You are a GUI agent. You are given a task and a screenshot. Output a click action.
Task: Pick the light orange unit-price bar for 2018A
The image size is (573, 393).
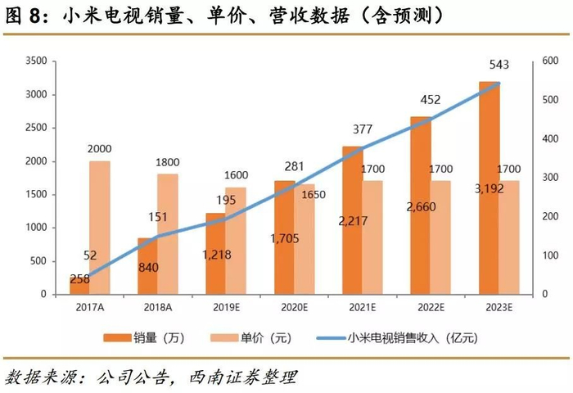pyautogui.click(x=168, y=233)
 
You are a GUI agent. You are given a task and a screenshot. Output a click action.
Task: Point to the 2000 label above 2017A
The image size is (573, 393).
pyautogui.click(x=99, y=149)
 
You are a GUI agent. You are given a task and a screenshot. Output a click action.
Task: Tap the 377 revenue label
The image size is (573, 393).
pyautogui.click(x=361, y=128)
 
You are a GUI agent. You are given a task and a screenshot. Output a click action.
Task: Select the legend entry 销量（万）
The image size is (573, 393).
pyautogui.click(x=144, y=337)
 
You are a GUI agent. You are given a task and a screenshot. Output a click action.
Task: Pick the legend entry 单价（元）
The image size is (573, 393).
pyautogui.click(x=245, y=337)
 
